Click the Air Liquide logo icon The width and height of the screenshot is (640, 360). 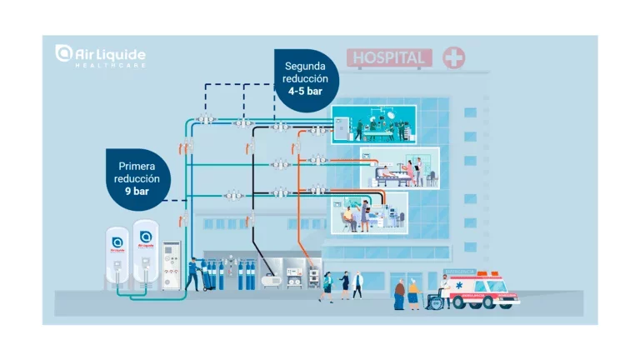pyautogui.click(x=63, y=53)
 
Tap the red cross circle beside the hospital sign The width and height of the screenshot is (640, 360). pyautogui.click(x=454, y=57)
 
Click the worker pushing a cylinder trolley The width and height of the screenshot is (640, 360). pyautogui.click(x=192, y=274)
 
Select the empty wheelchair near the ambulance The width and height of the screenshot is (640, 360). pyautogui.click(x=434, y=298)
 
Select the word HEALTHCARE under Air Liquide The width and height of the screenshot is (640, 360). pyautogui.click(x=110, y=65)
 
